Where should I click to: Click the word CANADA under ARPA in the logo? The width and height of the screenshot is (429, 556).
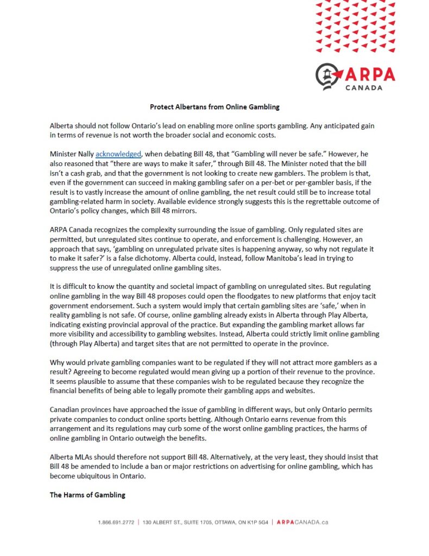coord(363,87)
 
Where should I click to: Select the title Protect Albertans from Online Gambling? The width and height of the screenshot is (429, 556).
coord(214,107)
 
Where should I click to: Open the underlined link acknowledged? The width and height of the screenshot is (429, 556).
coord(118,154)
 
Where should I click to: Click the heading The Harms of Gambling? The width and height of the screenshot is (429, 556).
coord(87,495)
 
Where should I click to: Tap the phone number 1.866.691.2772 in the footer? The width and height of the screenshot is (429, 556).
coord(116,522)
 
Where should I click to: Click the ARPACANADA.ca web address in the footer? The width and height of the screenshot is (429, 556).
coord(302,522)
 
